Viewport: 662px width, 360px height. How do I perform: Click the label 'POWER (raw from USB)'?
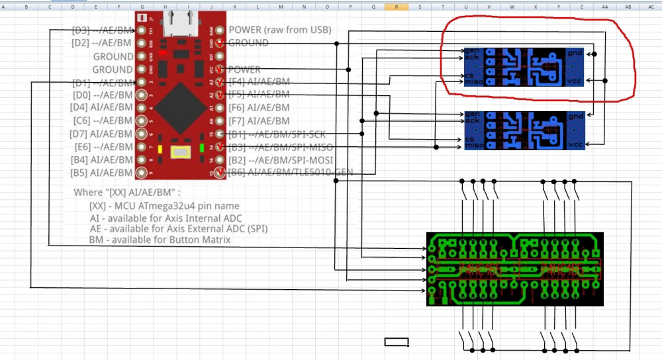point(279,30)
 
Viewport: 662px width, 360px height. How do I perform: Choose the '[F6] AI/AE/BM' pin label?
point(259,107)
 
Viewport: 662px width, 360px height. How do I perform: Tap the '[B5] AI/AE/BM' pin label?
point(101,172)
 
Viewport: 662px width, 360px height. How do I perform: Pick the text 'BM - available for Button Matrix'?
point(160,240)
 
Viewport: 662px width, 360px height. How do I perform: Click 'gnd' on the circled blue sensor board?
point(575,52)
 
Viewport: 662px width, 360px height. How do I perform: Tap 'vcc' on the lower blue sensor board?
point(575,144)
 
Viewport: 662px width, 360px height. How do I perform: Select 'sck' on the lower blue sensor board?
point(471,120)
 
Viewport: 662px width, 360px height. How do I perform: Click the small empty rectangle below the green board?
point(397,342)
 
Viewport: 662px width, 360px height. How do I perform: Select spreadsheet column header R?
point(396,6)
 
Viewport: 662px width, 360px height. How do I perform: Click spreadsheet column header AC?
point(651,6)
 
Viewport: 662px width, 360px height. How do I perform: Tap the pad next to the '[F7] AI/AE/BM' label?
point(219,120)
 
